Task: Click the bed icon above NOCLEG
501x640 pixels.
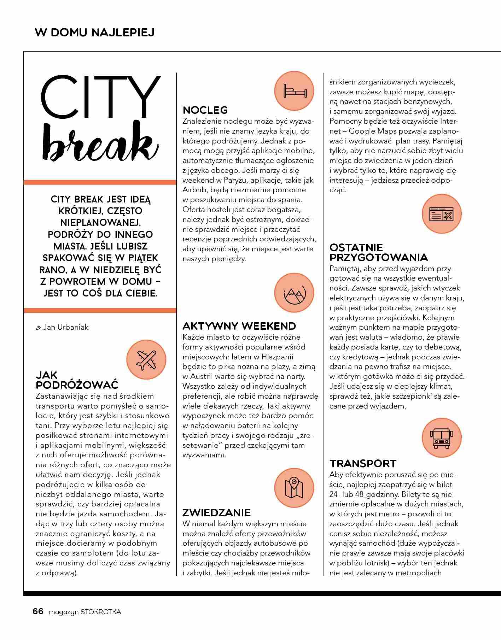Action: click(294, 91)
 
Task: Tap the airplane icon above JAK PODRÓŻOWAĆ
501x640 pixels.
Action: click(146, 359)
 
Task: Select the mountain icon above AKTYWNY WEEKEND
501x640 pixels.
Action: click(294, 293)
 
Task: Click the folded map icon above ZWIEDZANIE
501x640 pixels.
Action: click(294, 488)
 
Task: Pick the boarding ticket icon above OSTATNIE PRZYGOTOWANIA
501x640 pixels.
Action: click(441, 214)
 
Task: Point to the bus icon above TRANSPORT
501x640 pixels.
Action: click(441, 438)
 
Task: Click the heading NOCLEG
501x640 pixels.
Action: click(205, 110)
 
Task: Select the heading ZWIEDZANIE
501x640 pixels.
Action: click(216, 513)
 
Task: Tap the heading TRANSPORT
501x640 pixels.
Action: click(363, 464)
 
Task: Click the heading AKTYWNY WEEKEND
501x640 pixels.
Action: click(239, 326)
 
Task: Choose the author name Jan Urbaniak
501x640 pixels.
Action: click(65, 327)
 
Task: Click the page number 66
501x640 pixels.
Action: click(38, 611)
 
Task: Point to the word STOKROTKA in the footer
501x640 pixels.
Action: click(101, 612)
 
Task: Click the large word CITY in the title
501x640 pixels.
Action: click(101, 97)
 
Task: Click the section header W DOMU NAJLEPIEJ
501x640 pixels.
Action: click(95, 33)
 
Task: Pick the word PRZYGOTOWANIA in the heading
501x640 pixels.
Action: click(379, 257)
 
